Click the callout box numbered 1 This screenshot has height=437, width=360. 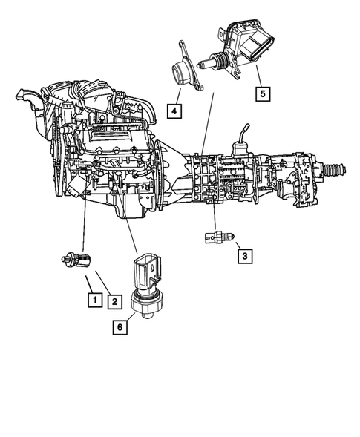tap(94, 300)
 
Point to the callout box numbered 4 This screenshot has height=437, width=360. tap(173, 111)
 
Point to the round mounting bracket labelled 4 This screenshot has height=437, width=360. tap(183, 73)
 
